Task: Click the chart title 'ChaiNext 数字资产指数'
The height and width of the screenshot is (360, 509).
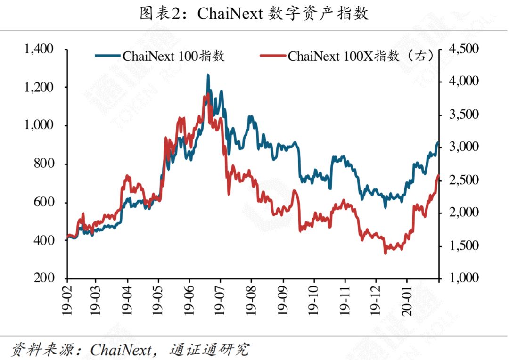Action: click(x=254, y=14)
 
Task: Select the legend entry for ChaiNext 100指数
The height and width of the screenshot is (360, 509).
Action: click(x=160, y=56)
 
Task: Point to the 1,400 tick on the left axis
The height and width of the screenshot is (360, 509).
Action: click(x=40, y=49)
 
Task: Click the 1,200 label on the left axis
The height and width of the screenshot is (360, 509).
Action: click(x=40, y=87)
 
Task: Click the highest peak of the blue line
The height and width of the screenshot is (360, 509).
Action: click(x=208, y=75)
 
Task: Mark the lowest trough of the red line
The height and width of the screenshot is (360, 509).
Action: click(x=386, y=253)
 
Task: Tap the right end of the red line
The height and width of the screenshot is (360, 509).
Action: click(x=438, y=176)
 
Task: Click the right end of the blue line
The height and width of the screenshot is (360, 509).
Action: click(x=437, y=142)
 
